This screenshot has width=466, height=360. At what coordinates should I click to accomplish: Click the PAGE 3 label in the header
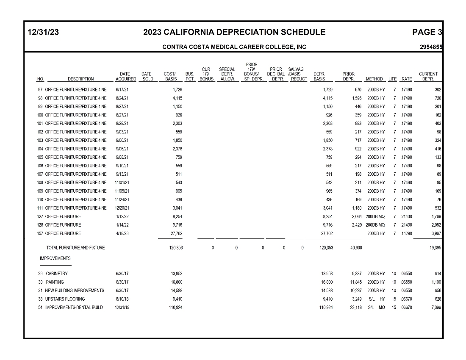427,32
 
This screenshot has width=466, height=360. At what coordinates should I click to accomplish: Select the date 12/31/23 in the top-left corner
43,32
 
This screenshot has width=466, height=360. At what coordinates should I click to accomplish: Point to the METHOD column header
374,79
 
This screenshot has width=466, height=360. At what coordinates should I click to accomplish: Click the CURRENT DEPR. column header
428,77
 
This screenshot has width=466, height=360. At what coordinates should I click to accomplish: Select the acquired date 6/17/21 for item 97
122,90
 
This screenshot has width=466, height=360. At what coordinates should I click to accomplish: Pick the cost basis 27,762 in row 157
176,233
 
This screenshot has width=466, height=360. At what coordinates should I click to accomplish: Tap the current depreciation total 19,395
435,248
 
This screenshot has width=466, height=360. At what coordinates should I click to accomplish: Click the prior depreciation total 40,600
356,248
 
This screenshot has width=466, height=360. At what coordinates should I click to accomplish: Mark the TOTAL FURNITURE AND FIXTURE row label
75,248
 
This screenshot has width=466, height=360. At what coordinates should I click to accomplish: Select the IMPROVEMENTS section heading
55,258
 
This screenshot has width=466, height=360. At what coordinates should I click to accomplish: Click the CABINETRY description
57,274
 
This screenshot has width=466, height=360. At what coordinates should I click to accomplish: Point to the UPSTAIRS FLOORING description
65,299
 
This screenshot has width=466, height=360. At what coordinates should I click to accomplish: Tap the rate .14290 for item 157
406,233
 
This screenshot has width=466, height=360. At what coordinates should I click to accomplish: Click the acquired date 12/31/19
122,307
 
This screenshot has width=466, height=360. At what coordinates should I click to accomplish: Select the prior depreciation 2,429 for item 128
356,225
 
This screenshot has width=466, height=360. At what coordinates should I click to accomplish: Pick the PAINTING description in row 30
55,282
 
